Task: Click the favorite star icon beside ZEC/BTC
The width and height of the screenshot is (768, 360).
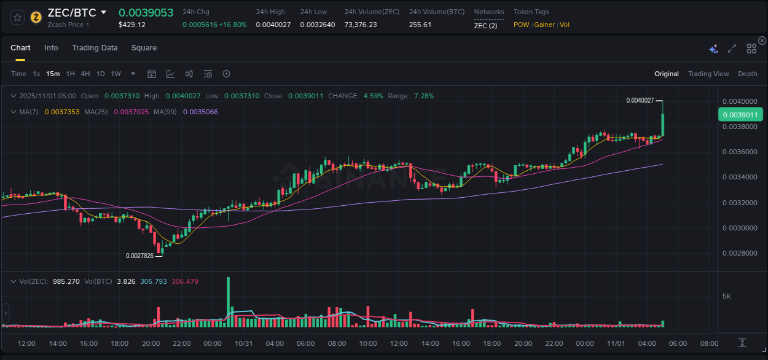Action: pyautogui.click(x=18, y=17)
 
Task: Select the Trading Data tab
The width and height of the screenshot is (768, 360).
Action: pyautogui.click(x=95, y=48)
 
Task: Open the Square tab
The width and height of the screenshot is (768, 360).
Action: pyautogui.click(x=144, y=48)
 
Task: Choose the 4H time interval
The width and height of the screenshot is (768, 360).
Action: pyautogui.click(x=85, y=74)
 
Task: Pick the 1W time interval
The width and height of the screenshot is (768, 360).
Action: pyautogui.click(x=116, y=74)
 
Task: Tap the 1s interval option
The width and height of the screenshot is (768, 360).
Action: pyautogui.click(x=36, y=74)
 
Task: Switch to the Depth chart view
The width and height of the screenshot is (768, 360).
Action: pyautogui.click(x=747, y=74)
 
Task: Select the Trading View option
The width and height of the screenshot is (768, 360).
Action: pyautogui.click(x=708, y=74)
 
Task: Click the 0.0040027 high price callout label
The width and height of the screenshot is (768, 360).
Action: pyautogui.click(x=640, y=100)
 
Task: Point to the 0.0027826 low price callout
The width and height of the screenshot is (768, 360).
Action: pyautogui.click(x=139, y=256)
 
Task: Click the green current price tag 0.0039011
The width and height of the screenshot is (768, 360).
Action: pyautogui.click(x=740, y=114)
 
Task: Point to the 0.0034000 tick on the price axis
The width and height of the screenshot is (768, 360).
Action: pyautogui.click(x=739, y=178)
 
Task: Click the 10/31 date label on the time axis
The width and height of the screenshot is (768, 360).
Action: pyautogui.click(x=244, y=343)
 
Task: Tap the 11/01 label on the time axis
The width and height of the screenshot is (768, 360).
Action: pyautogui.click(x=616, y=343)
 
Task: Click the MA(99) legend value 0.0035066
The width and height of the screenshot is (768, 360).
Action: pyautogui.click(x=200, y=112)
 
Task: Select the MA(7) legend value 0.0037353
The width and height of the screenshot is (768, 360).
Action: pyautogui.click(x=62, y=112)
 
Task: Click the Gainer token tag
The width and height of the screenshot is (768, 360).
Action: pyautogui.click(x=544, y=25)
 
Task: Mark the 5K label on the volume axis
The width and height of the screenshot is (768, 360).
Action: pyautogui.click(x=726, y=296)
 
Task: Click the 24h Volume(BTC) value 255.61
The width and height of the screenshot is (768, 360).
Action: pyautogui.click(x=420, y=25)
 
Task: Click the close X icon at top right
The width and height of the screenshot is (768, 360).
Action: pyautogui.click(x=762, y=41)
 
